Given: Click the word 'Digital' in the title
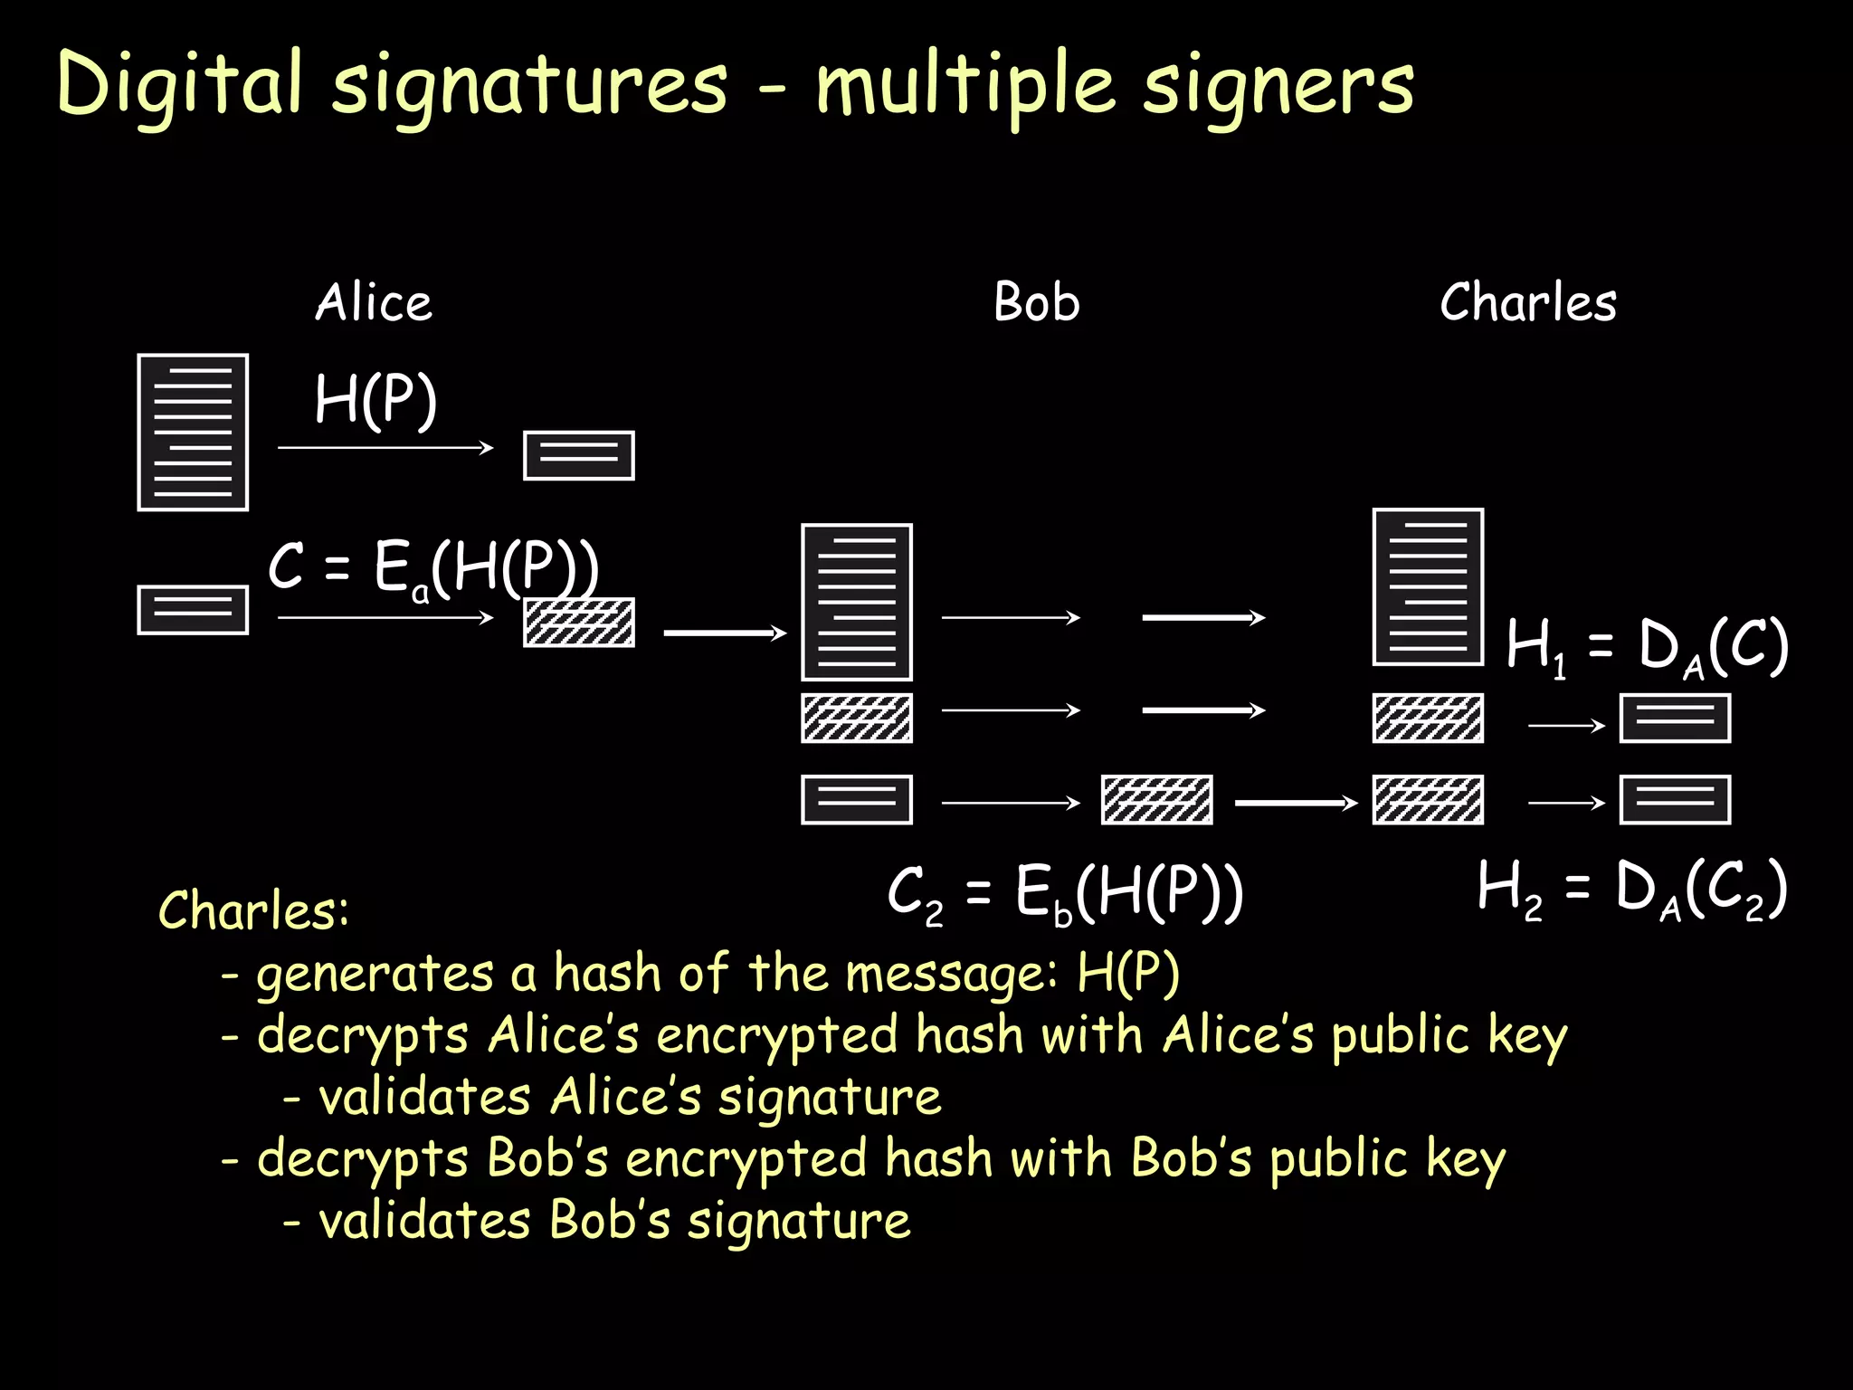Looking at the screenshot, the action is (x=179, y=83).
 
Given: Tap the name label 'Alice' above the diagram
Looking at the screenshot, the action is (x=374, y=302).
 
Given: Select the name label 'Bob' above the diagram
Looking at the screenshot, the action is (x=1037, y=302).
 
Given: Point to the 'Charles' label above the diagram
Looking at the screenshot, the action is (x=1528, y=302).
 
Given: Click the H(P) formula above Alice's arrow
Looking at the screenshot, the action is (x=375, y=400).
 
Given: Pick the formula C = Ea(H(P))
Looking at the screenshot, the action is (x=433, y=568).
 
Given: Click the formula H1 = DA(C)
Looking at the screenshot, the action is (x=1647, y=646).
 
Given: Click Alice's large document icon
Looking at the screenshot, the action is (x=193, y=433).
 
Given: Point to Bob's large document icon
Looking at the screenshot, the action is (x=857, y=602).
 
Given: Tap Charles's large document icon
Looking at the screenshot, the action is (x=1428, y=587).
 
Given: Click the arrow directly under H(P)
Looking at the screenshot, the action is (x=385, y=447).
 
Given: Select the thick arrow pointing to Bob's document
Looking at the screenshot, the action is (x=725, y=633).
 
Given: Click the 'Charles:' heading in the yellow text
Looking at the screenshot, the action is (x=253, y=910).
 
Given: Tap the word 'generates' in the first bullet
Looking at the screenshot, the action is (x=375, y=975).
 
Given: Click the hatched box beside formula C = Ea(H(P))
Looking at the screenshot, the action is (x=579, y=623).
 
